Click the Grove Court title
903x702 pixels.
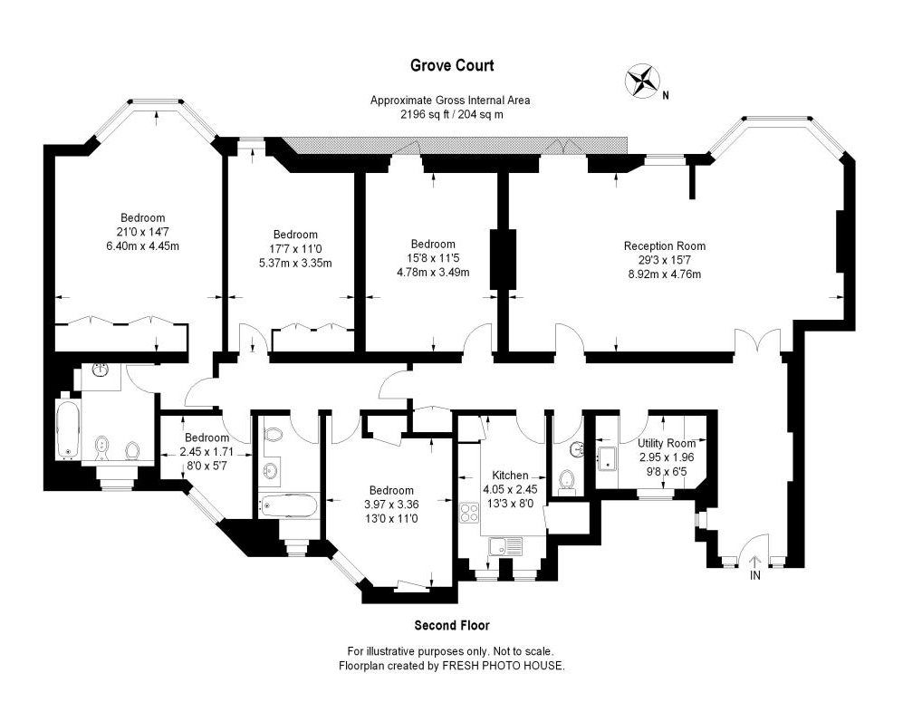[x=451, y=65]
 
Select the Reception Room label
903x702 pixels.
[x=664, y=245]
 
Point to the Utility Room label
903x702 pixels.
[x=667, y=443]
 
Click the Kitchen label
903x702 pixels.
[x=509, y=476]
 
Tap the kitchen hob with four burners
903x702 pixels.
[x=470, y=513]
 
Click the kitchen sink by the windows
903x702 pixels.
[x=504, y=546]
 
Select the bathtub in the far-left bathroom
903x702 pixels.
[x=67, y=429]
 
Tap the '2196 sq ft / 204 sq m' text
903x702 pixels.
[x=451, y=115]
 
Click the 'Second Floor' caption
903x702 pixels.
[x=451, y=625]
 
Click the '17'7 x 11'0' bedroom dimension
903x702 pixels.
[x=295, y=249]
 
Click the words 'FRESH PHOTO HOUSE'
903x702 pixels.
[x=503, y=665]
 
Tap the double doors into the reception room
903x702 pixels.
[x=756, y=343]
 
